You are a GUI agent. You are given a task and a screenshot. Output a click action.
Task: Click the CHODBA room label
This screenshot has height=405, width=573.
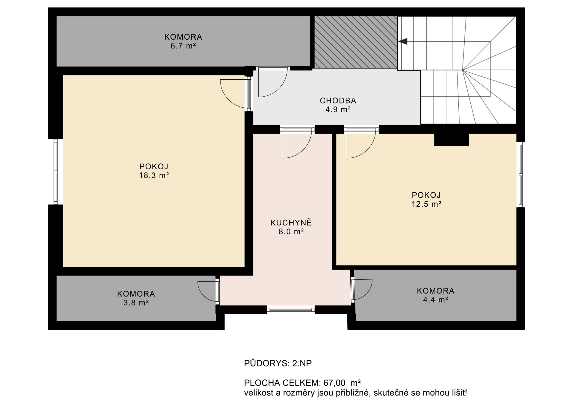338,101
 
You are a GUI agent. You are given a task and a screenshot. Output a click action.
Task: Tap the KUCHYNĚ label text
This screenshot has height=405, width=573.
291,223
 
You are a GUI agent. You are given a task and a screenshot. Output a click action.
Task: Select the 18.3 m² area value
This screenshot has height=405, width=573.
154,175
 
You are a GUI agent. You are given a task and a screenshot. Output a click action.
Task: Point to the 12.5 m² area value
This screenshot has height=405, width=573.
426,204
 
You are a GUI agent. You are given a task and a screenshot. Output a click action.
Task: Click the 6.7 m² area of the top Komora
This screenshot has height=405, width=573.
183,46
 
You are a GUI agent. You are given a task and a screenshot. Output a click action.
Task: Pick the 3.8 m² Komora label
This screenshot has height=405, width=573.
136,294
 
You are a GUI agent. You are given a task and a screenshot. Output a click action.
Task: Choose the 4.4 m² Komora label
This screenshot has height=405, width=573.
435,291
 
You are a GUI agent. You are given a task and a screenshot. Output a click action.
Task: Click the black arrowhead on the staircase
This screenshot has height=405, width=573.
403,41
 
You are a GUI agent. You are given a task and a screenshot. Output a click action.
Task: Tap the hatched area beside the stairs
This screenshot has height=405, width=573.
355,42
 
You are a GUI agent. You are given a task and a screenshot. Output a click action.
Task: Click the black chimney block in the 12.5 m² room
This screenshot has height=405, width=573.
451,140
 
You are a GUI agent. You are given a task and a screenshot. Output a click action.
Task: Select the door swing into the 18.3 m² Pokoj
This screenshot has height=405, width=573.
234,93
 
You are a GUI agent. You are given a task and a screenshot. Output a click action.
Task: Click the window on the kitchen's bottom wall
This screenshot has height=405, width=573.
291,310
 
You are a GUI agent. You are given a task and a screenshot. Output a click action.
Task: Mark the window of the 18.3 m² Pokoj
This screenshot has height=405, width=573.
56,172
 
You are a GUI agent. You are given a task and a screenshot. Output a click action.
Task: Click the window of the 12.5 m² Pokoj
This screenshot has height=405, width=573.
520,174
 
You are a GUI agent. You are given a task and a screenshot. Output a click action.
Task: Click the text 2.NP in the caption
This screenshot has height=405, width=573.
302,363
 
